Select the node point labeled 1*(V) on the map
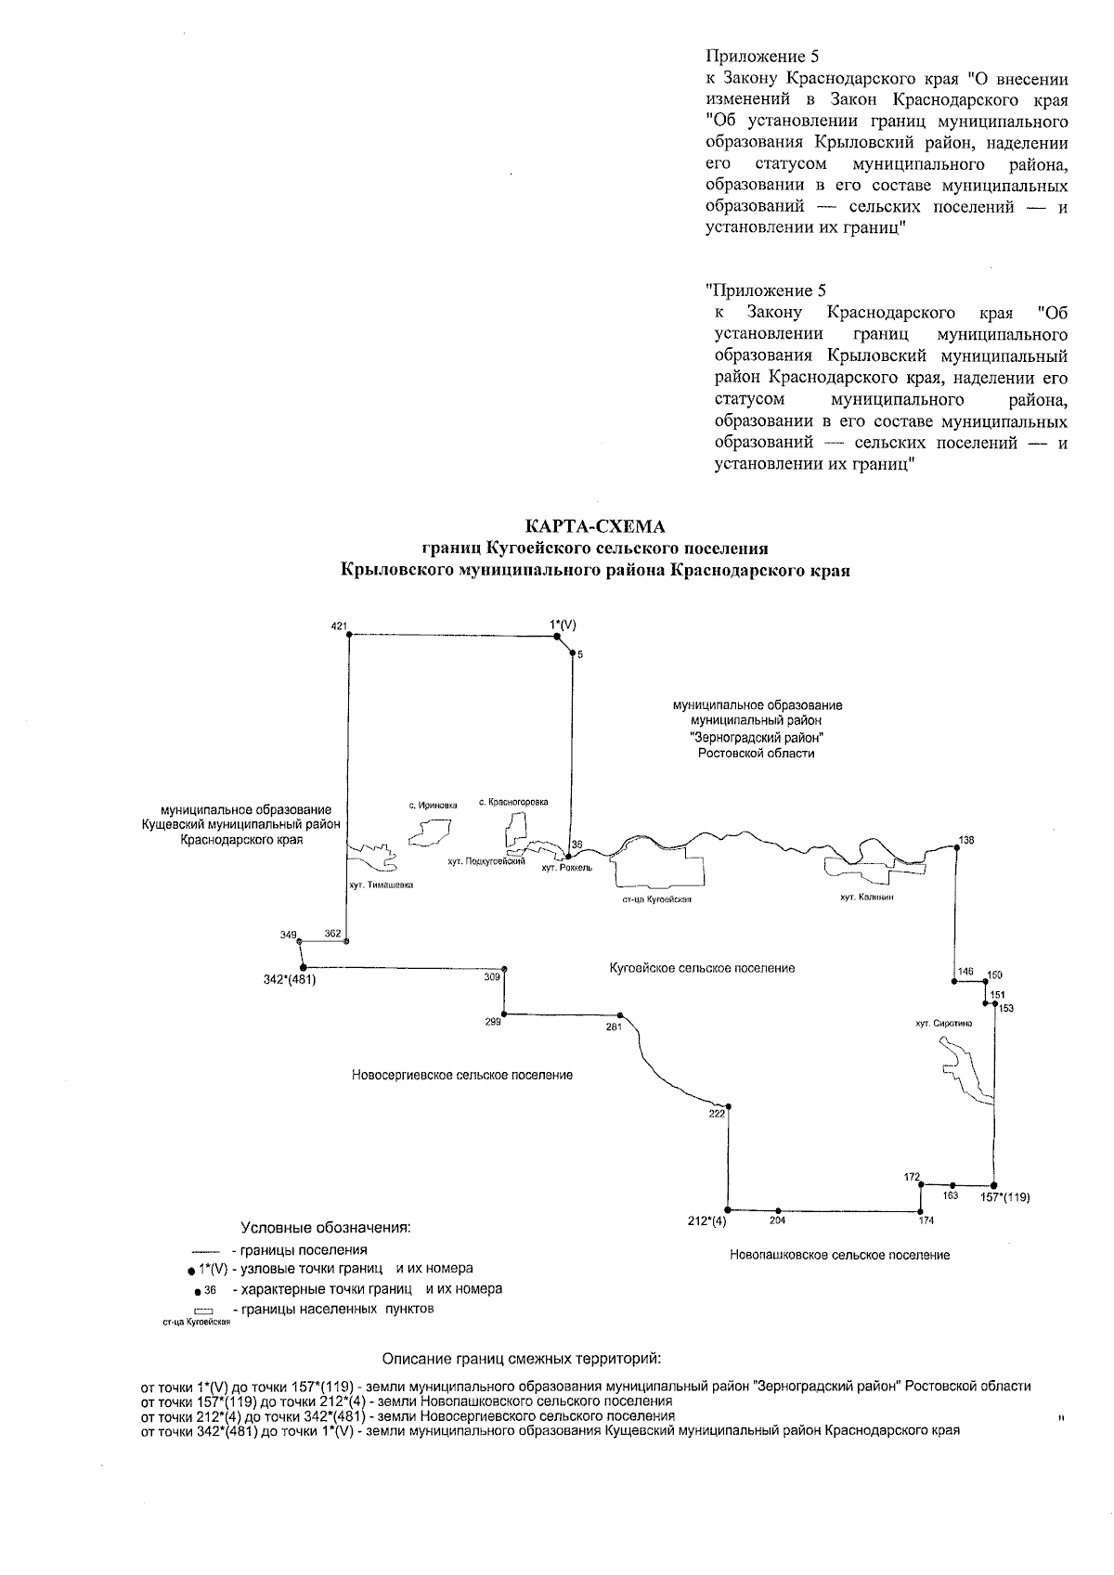click(x=556, y=637)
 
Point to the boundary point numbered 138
click(x=957, y=848)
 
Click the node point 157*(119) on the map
click(x=994, y=1186)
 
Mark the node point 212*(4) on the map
click(x=729, y=1210)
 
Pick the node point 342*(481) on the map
click(x=303, y=967)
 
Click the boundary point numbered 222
click(x=729, y=1106)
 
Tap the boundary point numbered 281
click(x=620, y=1015)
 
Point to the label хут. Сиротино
click(x=944, y=1023)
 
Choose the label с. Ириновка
click(x=433, y=806)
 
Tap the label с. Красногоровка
click(x=513, y=801)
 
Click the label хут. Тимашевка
click(x=381, y=884)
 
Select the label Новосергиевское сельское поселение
click(x=462, y=1075)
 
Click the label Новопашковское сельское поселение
click(x=839, y=1255)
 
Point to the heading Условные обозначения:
click(x=326, y=1228)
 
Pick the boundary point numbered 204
click(x=778, y=1211)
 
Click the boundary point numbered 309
click(x=504, y=968)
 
